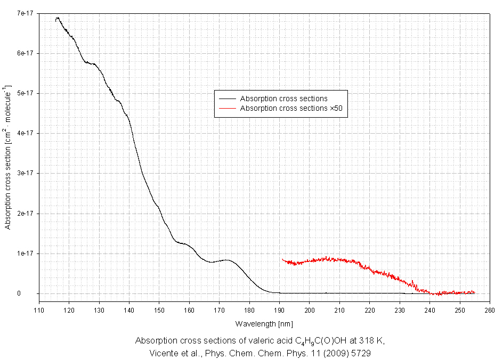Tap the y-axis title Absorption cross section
[x=7, y=157]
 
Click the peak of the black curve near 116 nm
[x=57, y=18]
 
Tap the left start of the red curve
[x=282, y=259]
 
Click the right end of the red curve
[x=474, y=292]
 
